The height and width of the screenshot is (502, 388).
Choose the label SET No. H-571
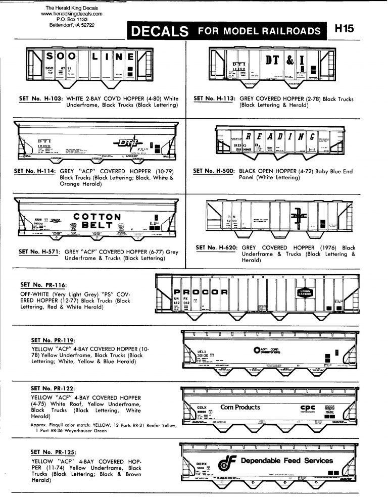(40, 252)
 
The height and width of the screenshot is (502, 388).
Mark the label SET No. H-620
(216, 248)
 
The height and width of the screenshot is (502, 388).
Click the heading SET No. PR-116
(49, 285)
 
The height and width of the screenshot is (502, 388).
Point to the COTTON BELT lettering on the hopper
(97, 221)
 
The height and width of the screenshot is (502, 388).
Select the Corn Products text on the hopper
(240, 407)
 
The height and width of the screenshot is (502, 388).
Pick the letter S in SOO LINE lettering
(52, 57)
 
